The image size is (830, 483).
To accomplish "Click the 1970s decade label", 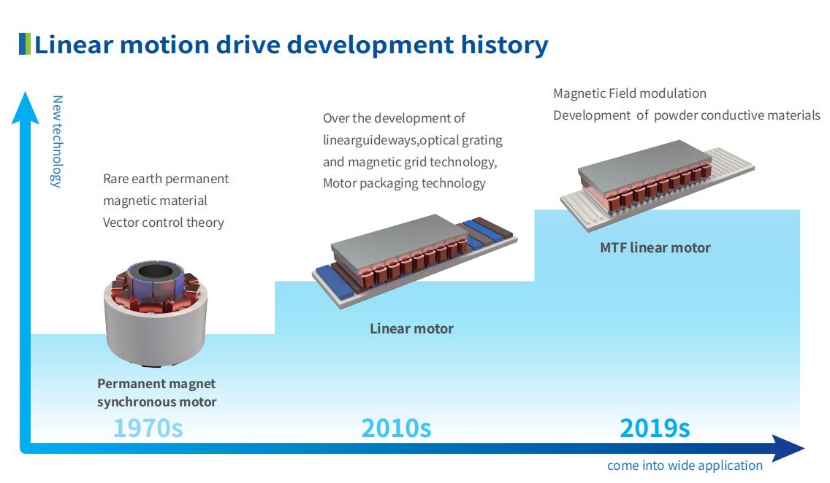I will coord(148,428).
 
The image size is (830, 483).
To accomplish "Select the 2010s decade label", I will coord(396,428).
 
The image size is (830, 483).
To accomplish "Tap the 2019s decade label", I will coord(655,428).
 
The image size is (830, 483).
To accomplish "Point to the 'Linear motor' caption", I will coord(411,329).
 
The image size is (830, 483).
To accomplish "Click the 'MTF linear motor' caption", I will coord(655,248).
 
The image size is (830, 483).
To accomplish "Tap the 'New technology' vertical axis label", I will coord(57,142).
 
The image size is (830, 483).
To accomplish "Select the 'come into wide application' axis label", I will coord(685,465).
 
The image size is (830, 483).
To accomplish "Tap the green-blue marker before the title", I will coord(25,45).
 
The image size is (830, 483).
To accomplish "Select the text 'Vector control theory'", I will coord(163,223).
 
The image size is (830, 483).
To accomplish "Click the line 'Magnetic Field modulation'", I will coord(629,93).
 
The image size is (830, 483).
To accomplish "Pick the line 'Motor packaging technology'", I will coord(404,183).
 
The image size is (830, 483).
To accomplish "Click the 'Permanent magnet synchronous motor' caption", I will coord(156,393).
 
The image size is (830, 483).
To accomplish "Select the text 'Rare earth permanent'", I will coord(166,179).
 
